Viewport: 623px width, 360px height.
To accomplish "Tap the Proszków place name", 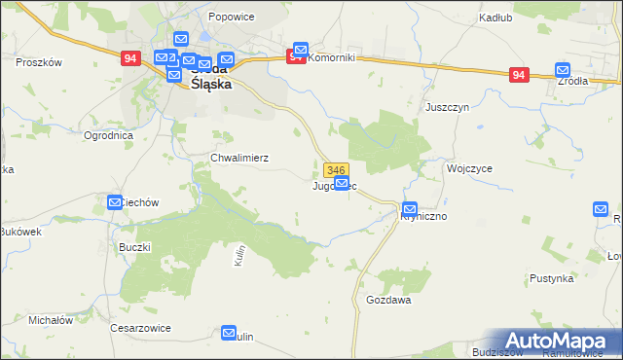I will (39, 61).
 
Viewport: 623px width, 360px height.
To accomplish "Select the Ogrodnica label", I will (108, 135).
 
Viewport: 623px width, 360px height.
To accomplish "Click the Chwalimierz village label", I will (239, 157).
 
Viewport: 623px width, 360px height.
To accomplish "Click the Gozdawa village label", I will (388, 301).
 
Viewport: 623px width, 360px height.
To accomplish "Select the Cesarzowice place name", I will (141, 328).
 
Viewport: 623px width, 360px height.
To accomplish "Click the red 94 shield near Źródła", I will (519, 75).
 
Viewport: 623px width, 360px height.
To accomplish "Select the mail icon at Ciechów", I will (115, 202).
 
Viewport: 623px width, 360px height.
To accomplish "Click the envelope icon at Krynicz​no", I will (410, 209).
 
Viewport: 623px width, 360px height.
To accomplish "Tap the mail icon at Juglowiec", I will (342, 183).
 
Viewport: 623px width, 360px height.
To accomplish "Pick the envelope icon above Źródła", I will (563, 70).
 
